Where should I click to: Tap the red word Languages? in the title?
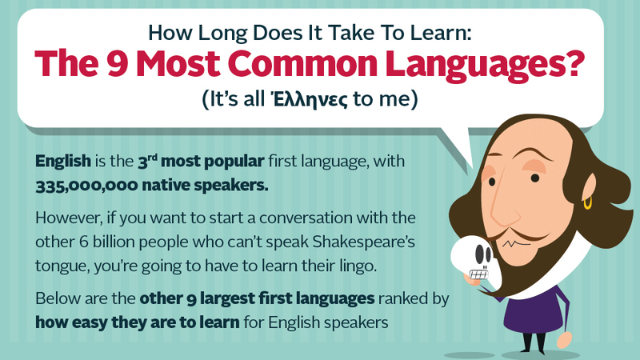coord(482,65)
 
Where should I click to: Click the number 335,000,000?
coord(86,186)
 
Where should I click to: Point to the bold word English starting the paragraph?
coord(63,162)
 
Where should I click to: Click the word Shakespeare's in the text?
coord(364,242)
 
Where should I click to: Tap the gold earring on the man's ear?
coord(587,203)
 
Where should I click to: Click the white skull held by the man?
coord(474,258)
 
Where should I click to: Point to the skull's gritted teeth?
coord(478,274)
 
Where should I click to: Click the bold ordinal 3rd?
coord(147,162)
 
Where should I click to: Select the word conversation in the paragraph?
coord(306,218)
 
